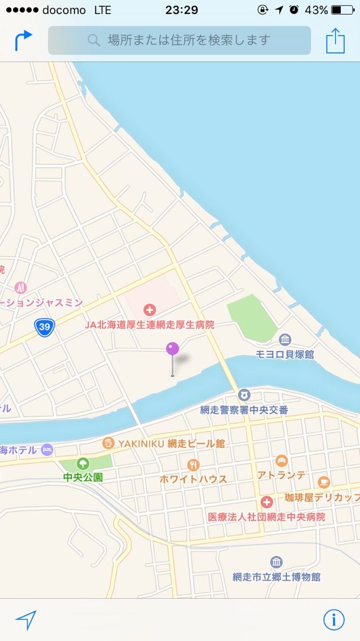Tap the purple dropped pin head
pyautogui.click(x=172, y=348)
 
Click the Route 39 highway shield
pyautogui.click(x=44, y=327)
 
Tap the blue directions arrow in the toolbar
pyautogui.click(x=23, y=40)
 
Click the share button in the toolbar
pyautogui.click(x=335, y=41)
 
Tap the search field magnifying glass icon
pyautogui.click(x=94, y=40)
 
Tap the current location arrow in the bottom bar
pyautogui.click(x=26, y=620)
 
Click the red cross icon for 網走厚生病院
pyautogui.click(x=150, y=309)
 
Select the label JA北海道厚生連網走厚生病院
pyautogui.click(x=150, y=325)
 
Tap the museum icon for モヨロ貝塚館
pyautogui.click(x=285, y=340)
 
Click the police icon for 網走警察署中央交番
pyautogui.click(x=244, y=395)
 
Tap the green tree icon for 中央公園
pyautogui.click(x=83, y=464)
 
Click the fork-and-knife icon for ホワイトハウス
pyautogui.click(x=193, y=465)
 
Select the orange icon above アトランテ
pyautogui.click(x=281, y=461)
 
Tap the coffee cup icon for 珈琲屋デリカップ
pyautogui.click(x=323, y=482)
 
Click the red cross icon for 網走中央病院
pyautogui.click(x=266, y=502)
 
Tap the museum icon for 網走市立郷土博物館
pyautogui.click(x=276, y=562)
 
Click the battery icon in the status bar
pyautogui.click(x=343, y=10)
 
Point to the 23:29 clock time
pyautogui.click(x=182, y=10)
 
